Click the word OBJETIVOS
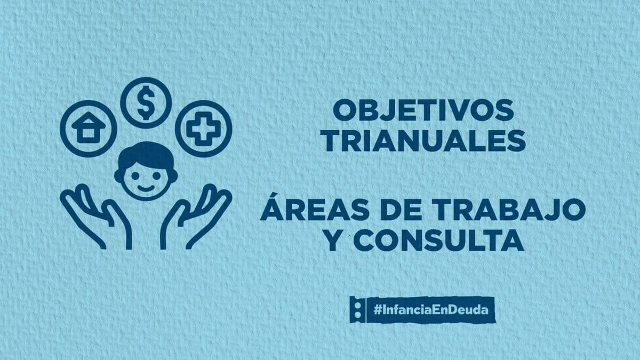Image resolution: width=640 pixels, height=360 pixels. [423, 110]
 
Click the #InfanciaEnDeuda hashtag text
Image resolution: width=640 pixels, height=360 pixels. [431, 310]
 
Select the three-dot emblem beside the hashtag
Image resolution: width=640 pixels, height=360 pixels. [357, 310]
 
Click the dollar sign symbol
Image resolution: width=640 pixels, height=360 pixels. [146, 103]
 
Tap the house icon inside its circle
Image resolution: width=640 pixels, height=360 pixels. [89, 127]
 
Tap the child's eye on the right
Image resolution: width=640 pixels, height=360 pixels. [157, 175]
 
